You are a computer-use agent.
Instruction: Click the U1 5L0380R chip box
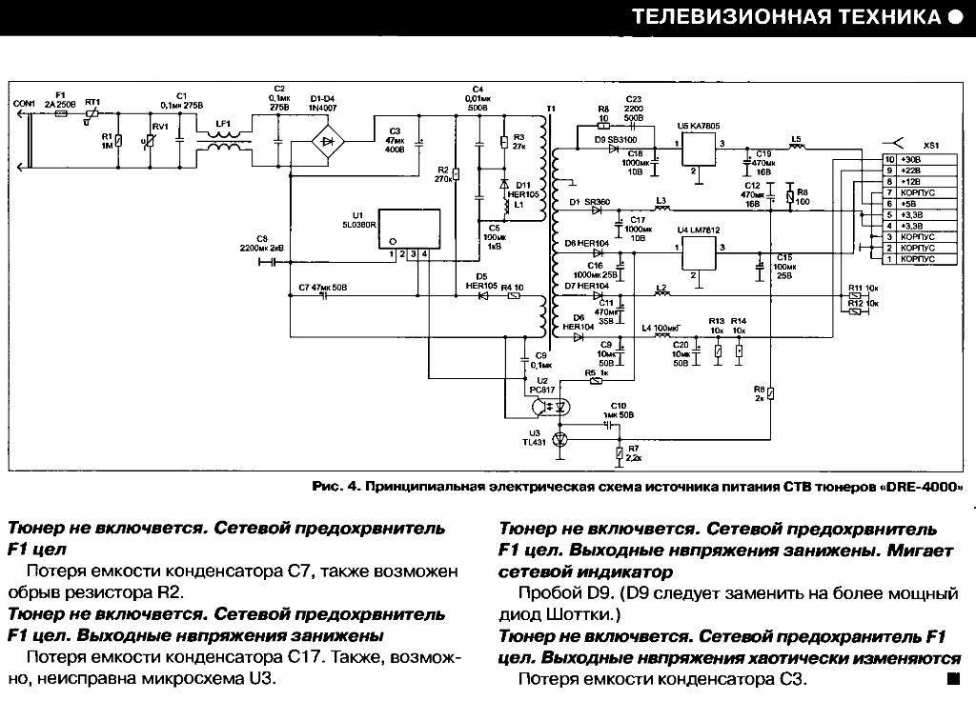[x=409, y=230]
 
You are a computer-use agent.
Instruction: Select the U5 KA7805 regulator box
[x=701, y=152]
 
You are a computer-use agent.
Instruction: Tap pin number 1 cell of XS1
[x=889, y=259]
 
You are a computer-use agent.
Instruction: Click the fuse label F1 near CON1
[x=61, y=96]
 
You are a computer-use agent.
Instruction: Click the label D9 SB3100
[x=617, y=140]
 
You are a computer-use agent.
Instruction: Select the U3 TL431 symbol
[x=560, y=439]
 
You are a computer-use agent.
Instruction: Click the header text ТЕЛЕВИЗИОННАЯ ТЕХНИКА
[x=784, y=17]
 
